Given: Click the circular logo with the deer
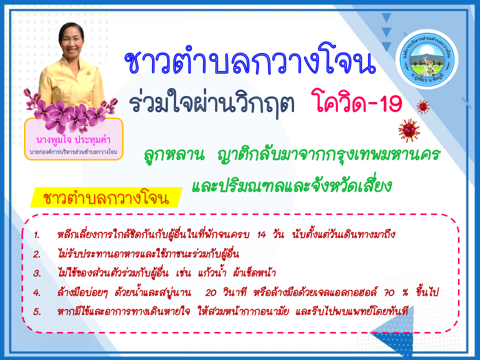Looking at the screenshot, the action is [426, 59].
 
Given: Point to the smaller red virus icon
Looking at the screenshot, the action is [423, 107].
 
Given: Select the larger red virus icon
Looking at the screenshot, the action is [409, 130].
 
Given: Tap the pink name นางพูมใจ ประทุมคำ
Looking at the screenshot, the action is [73, 140].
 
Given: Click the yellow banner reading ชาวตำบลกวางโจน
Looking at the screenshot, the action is [106, 197].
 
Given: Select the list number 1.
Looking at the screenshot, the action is [36, 235].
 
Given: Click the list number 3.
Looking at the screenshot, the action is [37, 273].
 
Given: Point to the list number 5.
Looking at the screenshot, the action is [37, 311].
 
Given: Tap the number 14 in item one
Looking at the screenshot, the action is [261, 235].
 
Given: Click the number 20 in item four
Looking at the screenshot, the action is [210, 292].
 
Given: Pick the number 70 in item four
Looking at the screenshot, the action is [389, 292].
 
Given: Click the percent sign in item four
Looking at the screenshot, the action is [405, 293].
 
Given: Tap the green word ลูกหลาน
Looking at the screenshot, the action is [174, 155].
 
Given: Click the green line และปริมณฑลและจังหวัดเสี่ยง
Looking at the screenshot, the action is [291, 184].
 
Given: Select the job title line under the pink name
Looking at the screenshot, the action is [73, 152].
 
